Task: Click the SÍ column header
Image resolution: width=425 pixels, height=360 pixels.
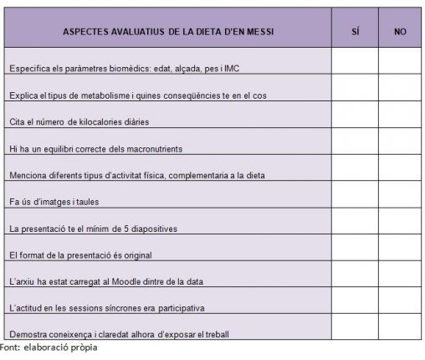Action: [355, 32]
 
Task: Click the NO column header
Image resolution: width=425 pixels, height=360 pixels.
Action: [400, 32]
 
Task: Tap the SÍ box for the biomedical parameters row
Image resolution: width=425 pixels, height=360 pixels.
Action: [355, 61]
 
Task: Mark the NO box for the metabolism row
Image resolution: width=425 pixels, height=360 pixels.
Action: [400, 88]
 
